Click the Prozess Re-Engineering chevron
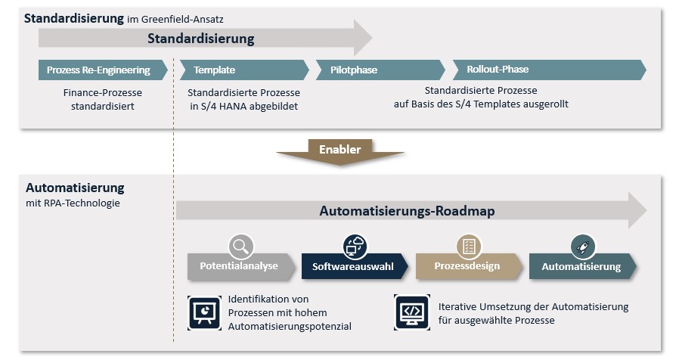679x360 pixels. point(98,70)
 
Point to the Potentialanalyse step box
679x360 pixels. point(239,266)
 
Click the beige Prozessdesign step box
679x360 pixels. point(467,266)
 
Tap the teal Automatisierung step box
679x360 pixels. point(581,266)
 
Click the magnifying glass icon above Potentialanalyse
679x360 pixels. point(240,246)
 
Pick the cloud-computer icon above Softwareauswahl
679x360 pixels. point(355,246)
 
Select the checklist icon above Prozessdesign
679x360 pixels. point(469,246)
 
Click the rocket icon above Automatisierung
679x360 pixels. point(583,246)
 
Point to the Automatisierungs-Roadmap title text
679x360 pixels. point(407,211)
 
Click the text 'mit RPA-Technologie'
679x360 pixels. point(72,203)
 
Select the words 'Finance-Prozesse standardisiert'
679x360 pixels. point(103,99)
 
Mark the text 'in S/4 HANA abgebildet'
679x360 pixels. point(243,106)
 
